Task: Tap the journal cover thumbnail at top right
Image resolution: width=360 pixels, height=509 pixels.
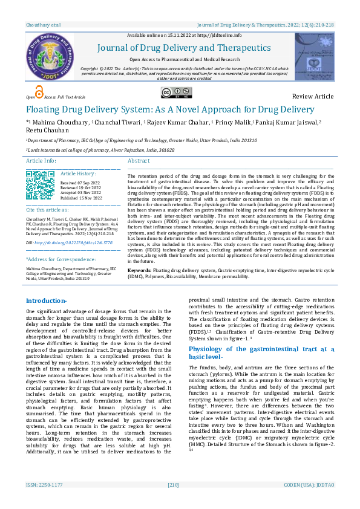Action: pyautogui.click(x=314, y=57)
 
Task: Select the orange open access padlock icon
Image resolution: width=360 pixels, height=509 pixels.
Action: pyautogui.click(x=39, y=92)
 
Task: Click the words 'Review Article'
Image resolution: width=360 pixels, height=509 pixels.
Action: pyautogui.click(x=312, y=97)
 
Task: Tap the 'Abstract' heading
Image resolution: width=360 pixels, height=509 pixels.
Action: pyautogui.click(x=139, y=161)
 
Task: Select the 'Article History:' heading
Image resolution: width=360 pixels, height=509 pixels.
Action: pyautogui.click(x=78, y=173)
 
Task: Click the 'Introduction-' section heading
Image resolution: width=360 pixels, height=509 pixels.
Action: pyautogui.click(x=50, y=300)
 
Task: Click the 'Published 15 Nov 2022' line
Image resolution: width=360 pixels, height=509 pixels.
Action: pyautogui.click(x=82, y=198)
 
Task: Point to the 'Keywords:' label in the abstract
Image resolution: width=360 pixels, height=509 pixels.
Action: pyautogui.click(x=140, y=270)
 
